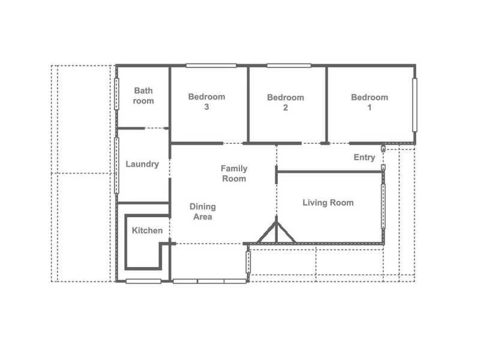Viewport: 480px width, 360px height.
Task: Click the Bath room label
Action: coord(143,96)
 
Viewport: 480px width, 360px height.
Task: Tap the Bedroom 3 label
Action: coord(206,102)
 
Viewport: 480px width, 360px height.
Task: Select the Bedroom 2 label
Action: coord(286,103)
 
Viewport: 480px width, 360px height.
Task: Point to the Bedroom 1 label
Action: coord(370,103)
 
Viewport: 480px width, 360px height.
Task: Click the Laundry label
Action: coord(142,164)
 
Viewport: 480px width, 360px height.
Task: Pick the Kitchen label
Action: coord(147,230)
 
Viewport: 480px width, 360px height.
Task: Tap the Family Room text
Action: coord(234,173)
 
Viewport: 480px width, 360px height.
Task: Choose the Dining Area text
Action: coord(202,211)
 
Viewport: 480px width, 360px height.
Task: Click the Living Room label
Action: coord(328,203)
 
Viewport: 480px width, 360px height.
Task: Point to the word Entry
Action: coord(364,157)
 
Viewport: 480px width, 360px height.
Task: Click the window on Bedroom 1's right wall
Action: coord(415,103)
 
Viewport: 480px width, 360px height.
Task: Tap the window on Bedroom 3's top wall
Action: coord(211,65)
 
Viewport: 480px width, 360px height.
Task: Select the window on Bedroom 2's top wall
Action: coord(289,65)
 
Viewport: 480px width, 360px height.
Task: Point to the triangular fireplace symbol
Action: coord(276,233)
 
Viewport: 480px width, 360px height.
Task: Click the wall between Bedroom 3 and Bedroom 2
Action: coord(248,103)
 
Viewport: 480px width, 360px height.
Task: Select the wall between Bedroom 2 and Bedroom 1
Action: coord(326,103)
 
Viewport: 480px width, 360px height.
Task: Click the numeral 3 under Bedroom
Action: coord(206,107)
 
